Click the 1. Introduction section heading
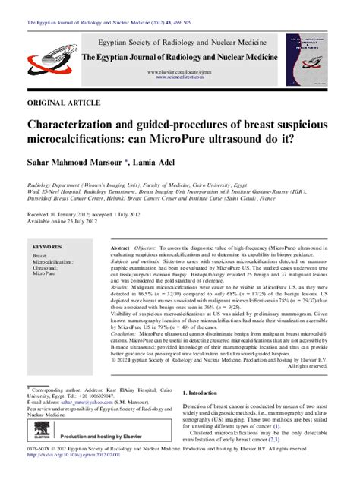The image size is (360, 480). coord(207,393)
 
